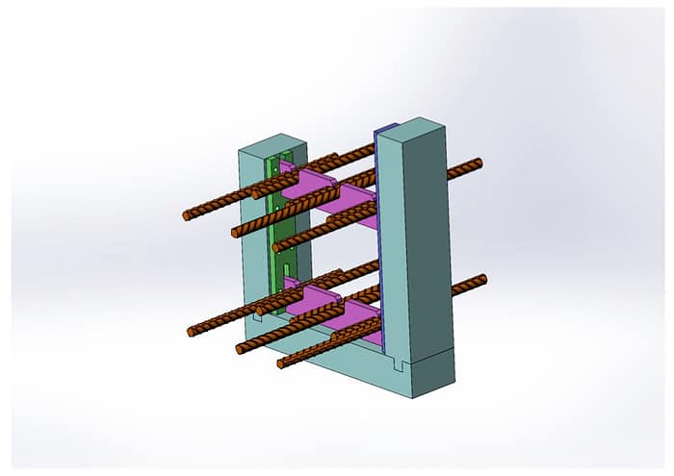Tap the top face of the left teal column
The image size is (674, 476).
tap(272, 142)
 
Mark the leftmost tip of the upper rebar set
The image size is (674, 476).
tap(187, 216)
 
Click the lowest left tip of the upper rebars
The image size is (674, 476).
tap(277, 249)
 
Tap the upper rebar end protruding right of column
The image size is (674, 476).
tap(476, 163)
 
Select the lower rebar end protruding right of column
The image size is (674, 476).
tap(481, 280)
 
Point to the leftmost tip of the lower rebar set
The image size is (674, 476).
tap(192, 332)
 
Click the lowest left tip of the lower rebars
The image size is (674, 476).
tap(281, 364)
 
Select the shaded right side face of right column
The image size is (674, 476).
tap(433, 240)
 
